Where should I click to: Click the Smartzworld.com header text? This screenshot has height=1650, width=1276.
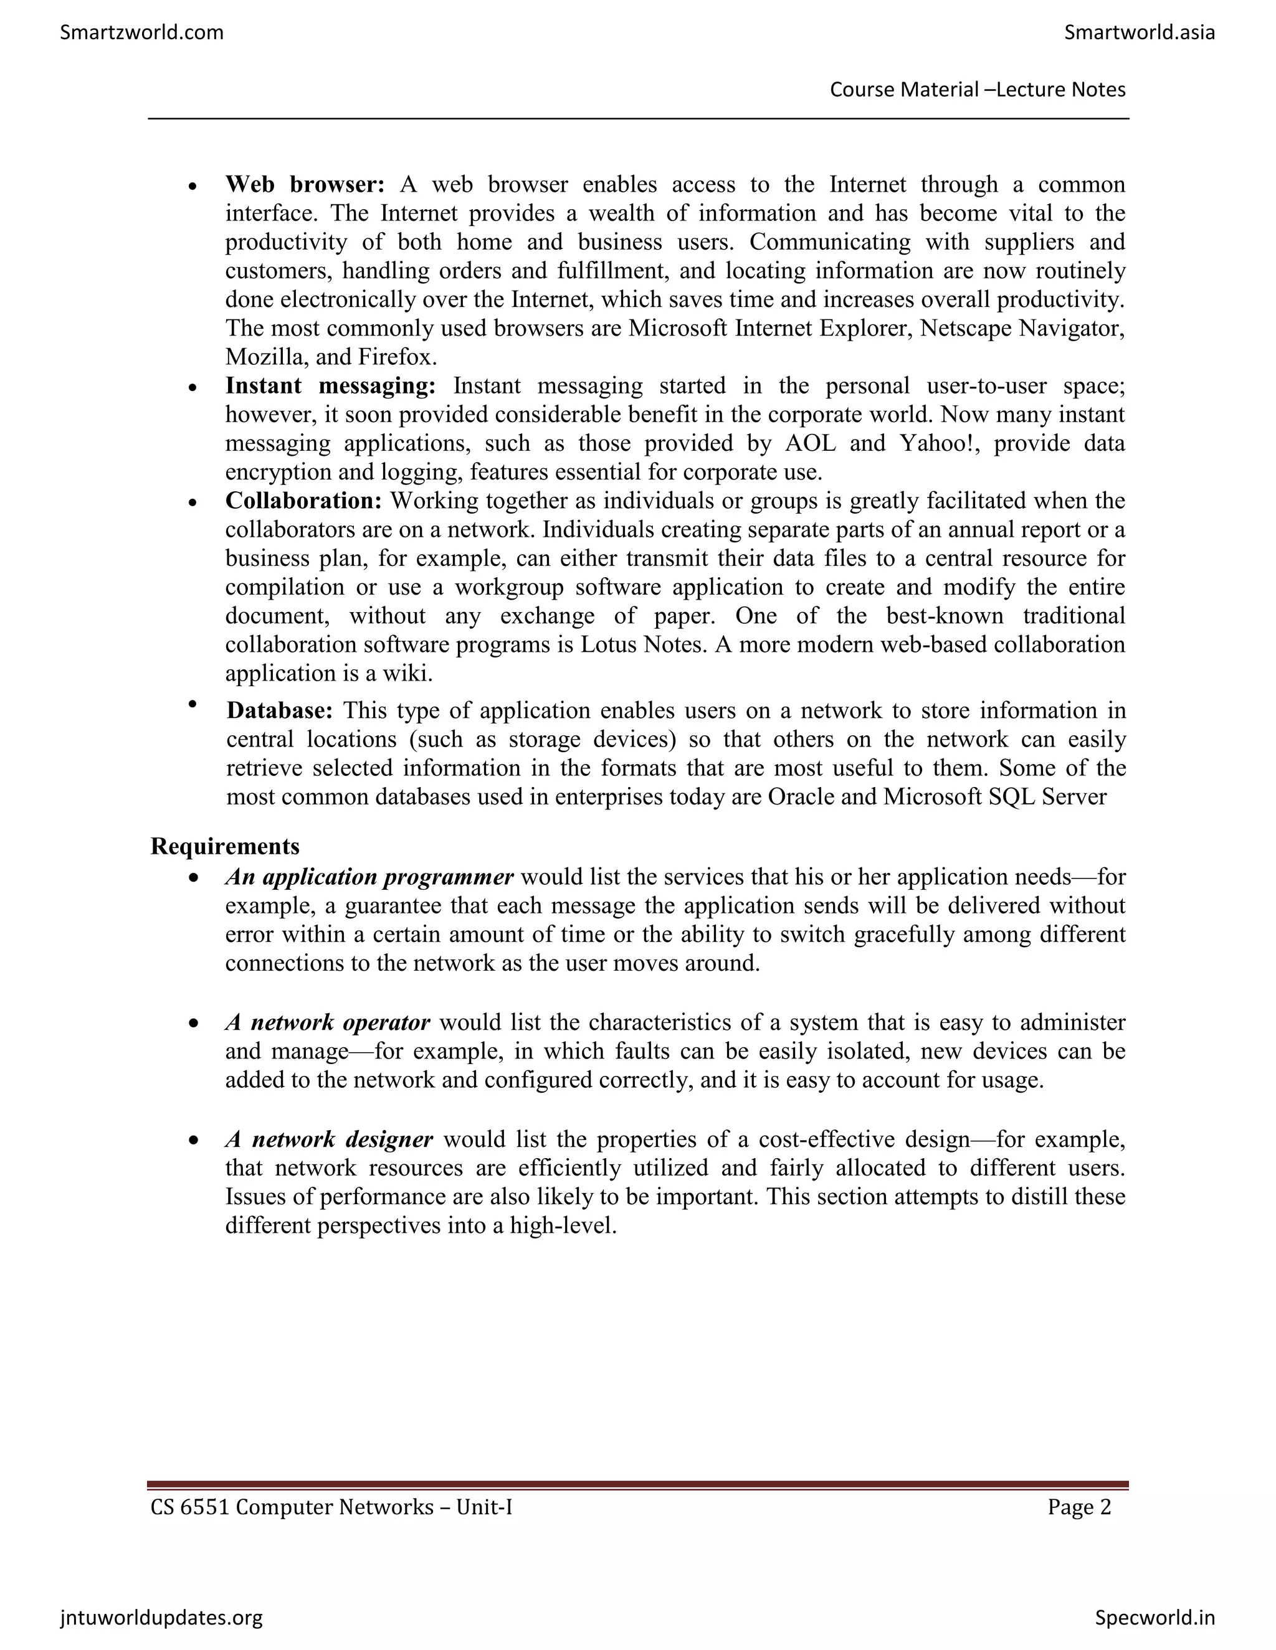pos(141,32)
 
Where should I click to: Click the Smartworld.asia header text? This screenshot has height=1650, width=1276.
pos(1139,32)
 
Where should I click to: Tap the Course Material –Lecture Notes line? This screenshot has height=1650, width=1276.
pos(978,90)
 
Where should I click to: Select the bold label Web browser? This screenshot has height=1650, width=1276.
pos(305,184)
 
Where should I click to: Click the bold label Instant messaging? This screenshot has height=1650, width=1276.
pos(330,386)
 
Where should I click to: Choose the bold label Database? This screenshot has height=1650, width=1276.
pos(280,711)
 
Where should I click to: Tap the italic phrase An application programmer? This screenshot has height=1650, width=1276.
pos(369,877)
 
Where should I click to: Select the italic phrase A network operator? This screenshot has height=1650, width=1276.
pos(327,1023)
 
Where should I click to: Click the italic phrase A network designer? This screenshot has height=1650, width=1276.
pos(329,1139)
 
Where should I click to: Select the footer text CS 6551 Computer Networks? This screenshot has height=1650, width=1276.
pos(291,1508)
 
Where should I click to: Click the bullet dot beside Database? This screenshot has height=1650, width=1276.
pos(193,704)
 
